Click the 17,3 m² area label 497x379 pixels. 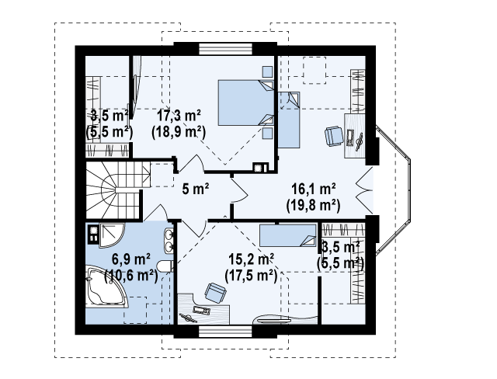coord(179,116)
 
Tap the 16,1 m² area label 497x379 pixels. coord(314,189)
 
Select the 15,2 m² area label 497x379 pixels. coord(252,260)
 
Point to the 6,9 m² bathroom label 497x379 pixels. coord(131,260)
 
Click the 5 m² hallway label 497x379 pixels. coord(196,189)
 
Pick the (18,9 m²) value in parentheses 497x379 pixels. coord(179,132)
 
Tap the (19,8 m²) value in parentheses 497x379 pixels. coord(313,206)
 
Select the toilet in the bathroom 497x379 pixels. coord(166,266)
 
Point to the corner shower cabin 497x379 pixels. coord(111,235)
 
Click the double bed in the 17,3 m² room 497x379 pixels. coord(245,103)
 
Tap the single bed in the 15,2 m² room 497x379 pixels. coord(288,235)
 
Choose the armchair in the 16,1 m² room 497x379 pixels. coord(334,136)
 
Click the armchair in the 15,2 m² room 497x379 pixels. coord(216,292)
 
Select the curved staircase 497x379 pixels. coord(118,190)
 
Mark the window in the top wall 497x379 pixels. coord(225,49)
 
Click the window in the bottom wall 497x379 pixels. coord(225,331)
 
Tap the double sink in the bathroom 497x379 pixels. coord(169,241)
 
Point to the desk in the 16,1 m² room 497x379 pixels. coord(354,136)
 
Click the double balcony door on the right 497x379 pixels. coord(364,190)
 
